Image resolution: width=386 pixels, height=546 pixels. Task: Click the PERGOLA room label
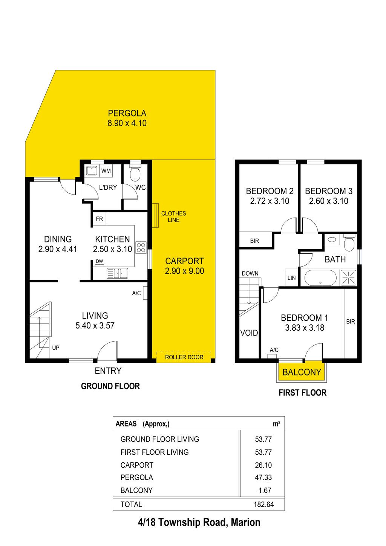point(127,113)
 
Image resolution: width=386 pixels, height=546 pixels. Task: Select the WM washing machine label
point(106,171)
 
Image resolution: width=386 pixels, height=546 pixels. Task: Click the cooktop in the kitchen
point(141,247)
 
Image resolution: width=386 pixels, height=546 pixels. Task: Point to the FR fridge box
point(99,219)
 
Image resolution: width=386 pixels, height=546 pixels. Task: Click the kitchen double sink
point(118,273)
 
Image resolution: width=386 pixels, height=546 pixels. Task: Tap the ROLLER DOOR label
point(184,357)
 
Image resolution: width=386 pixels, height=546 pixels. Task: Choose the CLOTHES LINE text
point(173,216)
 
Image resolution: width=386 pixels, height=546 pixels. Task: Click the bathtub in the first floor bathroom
point(320,278)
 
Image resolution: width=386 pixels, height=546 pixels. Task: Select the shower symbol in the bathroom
point(348,278)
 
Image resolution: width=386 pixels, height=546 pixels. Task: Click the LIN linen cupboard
point(291,278)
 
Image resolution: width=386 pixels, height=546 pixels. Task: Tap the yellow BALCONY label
point(302,372)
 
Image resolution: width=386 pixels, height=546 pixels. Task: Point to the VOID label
point(249,333)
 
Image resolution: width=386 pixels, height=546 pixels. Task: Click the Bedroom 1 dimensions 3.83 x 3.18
point(305,328)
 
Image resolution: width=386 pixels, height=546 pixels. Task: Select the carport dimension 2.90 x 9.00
point(184,271)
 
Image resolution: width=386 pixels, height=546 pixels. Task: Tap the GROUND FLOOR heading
point(110,386)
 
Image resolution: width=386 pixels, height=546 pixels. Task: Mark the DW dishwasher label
point(99,261)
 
